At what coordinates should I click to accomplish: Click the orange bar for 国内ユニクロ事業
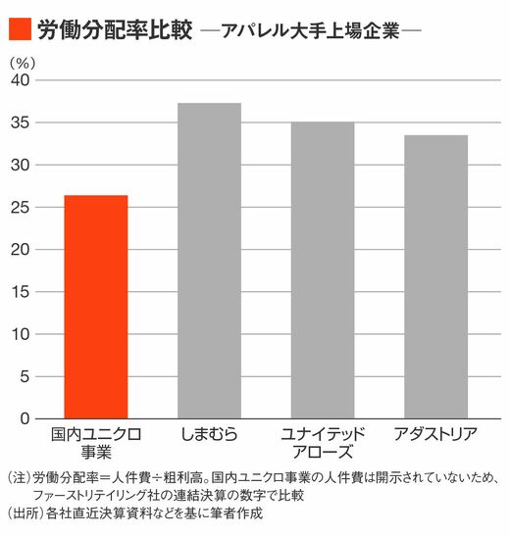click(96, 307)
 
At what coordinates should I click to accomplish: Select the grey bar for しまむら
click(209, 261)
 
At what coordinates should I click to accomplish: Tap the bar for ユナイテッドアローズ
click(323, 270)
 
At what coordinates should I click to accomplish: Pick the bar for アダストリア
click(436, 276)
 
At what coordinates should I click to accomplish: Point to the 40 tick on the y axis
click(21, 80)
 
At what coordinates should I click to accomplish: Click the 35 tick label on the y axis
click(21, 122)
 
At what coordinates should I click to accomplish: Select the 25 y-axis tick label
click(21, 207)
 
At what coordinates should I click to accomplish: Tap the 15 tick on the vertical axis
click(21, 292)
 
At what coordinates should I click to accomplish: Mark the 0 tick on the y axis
click(25, 418)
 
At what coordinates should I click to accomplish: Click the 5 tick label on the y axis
click(25, 376)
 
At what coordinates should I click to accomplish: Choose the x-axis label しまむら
click(209, 434)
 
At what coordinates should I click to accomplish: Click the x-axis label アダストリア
click(435, 434)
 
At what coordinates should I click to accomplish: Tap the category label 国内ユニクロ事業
click(96, 443)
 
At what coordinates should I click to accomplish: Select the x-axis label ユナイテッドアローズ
click(323, 443)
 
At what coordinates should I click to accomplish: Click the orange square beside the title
click(20, 29)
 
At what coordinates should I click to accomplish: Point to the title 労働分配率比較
click(115, 29)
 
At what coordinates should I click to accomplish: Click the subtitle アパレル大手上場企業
click(311, 30)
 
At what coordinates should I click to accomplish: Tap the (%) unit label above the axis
click(23, 63)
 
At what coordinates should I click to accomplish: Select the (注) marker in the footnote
click(20, 477)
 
